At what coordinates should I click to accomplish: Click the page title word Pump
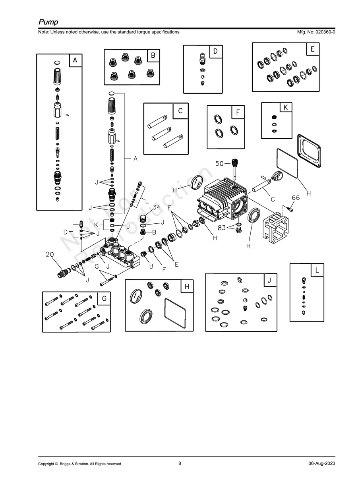click(x=48, y=22)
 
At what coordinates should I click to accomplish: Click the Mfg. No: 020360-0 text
click(x=316, y=32)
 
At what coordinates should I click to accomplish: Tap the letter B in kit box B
click(x=153, y=56)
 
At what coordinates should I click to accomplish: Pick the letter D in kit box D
click(x=215, y=51)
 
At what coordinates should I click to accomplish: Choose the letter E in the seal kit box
click(x=313, y=49)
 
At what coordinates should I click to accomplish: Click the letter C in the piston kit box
click(x=180, y=111)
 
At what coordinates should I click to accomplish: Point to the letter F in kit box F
click(x=238, y=112)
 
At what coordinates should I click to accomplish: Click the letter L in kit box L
click(x=317, y=270)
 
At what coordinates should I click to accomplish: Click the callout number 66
click(x=296, y=198)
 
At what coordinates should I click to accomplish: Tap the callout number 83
click(x=222, y=228)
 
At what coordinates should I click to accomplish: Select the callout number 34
click(x=157, y=207)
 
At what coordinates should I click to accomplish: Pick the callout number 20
click(x=50, y=254)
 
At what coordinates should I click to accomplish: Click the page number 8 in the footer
click(x=180, y=463)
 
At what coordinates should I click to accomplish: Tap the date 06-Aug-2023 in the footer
click(x=321, y=463)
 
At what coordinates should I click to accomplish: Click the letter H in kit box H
click(x=187, y=286)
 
